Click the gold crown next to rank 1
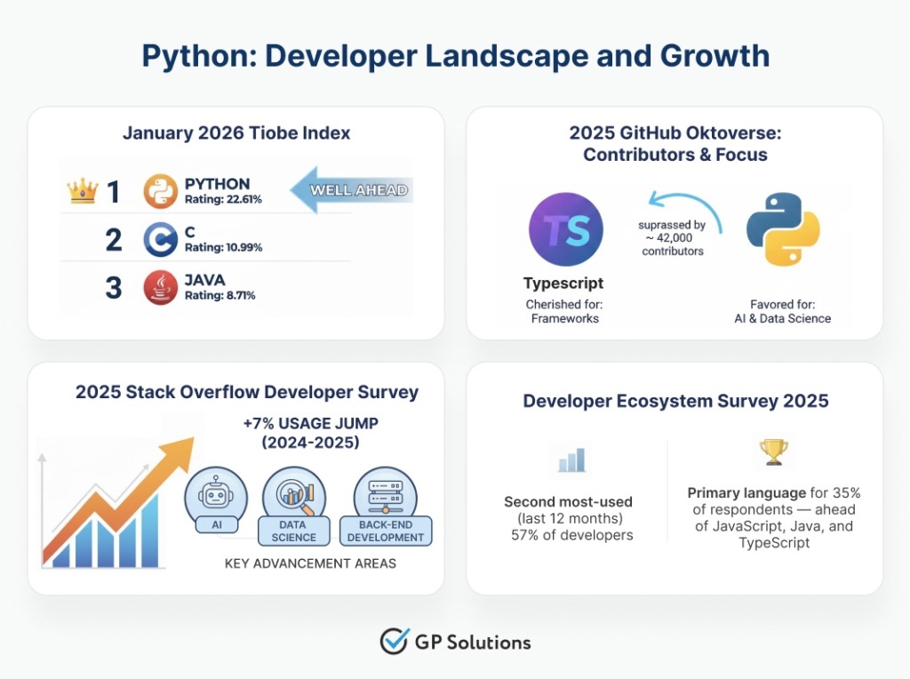82,189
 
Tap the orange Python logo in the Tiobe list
161,191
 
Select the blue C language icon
161,239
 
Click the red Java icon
161,288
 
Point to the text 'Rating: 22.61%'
223,199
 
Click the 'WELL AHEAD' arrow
350,189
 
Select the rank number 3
114,288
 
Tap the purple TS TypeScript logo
565,229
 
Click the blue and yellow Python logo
782,229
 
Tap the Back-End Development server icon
385,495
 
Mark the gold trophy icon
771,452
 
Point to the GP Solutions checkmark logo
393,641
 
